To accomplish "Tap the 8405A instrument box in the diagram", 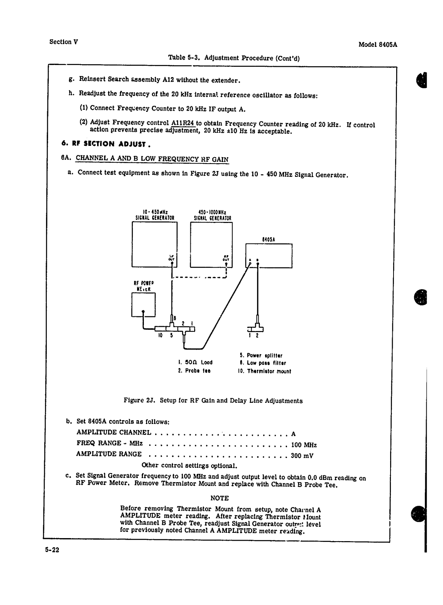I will (269, 255).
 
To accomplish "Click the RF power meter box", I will (143, 305).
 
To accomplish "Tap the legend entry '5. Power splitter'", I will (261, 356).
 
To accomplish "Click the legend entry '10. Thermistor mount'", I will (264, 371).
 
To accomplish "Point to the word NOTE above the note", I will (219, 498).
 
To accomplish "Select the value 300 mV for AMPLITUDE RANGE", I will (302, 456).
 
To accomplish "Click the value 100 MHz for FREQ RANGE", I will (304, 445).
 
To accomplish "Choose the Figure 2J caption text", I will (213, 401).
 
